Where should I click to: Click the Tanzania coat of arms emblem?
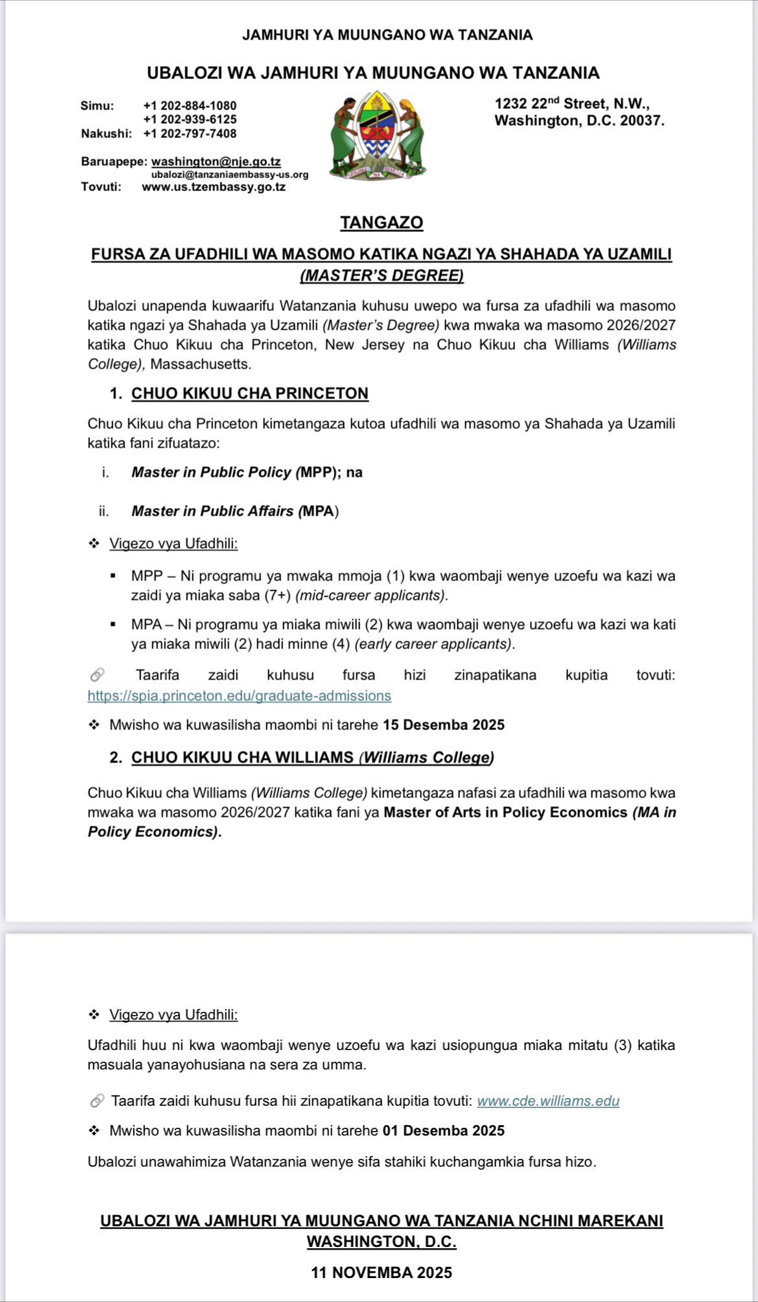(x=378, y=135)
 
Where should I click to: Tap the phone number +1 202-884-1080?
(x=190, y=106)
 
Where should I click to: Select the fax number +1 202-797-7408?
(x=190, y=133)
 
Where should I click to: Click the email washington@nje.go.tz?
(x=216, y=161)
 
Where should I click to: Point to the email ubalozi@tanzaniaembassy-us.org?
(x=230, y=174)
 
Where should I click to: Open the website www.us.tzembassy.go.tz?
(x=214, y=187)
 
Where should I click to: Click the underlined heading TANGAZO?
(x=382, y=223)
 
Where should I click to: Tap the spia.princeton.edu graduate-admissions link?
(x=239, y=696)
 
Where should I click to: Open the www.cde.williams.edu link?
(x=548, y=1101)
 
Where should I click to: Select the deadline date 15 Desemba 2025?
(x=443, y=725)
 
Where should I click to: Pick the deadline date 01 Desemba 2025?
(x=443, y=1130)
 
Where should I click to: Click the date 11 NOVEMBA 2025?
(x=381, y=1272)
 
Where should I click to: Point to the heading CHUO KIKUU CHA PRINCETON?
(x=249, y=393)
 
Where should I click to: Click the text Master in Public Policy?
(x=211, y=472)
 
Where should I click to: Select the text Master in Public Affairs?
(x=212, y=511)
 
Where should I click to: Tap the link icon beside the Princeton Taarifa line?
(x=97, y=675)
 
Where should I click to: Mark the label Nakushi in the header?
(x=106, y=133)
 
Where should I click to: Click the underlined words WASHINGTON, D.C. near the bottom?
(x=381, y=1241)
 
